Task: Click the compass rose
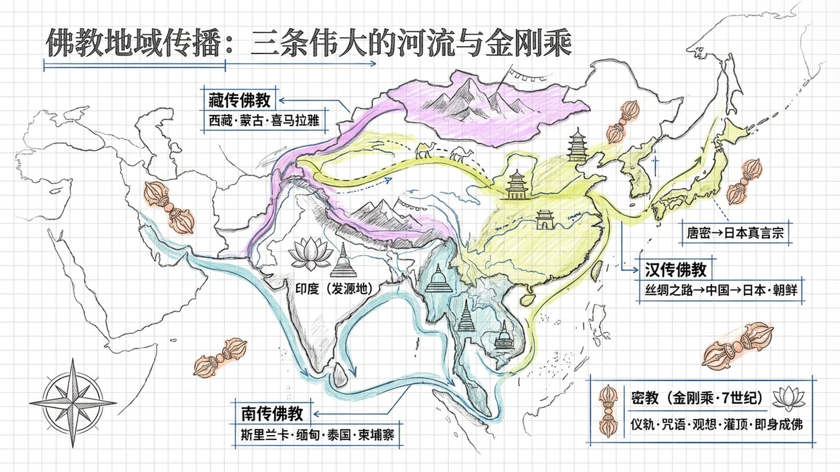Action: point(73,403)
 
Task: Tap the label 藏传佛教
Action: point(239,101)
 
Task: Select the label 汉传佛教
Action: point(675,270)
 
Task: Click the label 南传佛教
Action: point(272,413)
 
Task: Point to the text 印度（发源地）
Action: point(334,289)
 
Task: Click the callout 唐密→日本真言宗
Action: point(735,233)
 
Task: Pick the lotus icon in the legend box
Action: point(788,399)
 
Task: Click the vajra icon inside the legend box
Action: point(609,411)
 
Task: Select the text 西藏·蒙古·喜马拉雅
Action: point(264,120)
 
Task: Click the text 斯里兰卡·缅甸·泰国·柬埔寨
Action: point(318,435)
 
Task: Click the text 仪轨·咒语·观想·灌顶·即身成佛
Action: point(717,424)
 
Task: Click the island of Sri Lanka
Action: point(339,376)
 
